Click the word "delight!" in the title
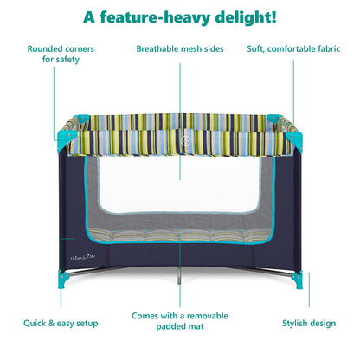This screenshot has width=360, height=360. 246,17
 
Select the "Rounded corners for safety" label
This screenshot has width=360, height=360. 61,54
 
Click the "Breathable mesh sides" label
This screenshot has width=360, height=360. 180,48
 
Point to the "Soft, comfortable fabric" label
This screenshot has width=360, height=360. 293,48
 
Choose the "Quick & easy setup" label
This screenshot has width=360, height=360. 61,323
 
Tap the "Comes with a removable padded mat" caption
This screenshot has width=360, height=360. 180,321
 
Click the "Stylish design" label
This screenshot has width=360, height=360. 309,323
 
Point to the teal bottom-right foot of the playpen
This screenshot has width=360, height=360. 297,280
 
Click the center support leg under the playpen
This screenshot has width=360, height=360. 179,276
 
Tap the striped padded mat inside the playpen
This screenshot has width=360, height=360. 180,235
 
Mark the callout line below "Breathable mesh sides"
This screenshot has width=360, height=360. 180,121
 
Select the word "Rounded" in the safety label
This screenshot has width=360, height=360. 44,48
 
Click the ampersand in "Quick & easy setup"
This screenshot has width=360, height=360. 51,323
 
